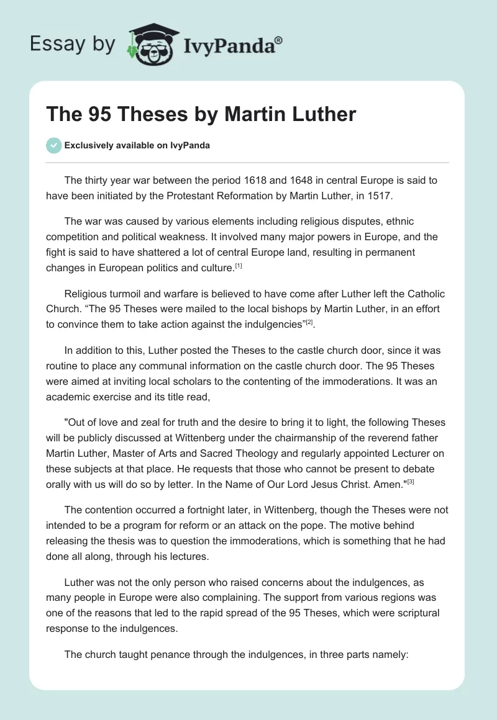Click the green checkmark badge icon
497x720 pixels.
point(53,146)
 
